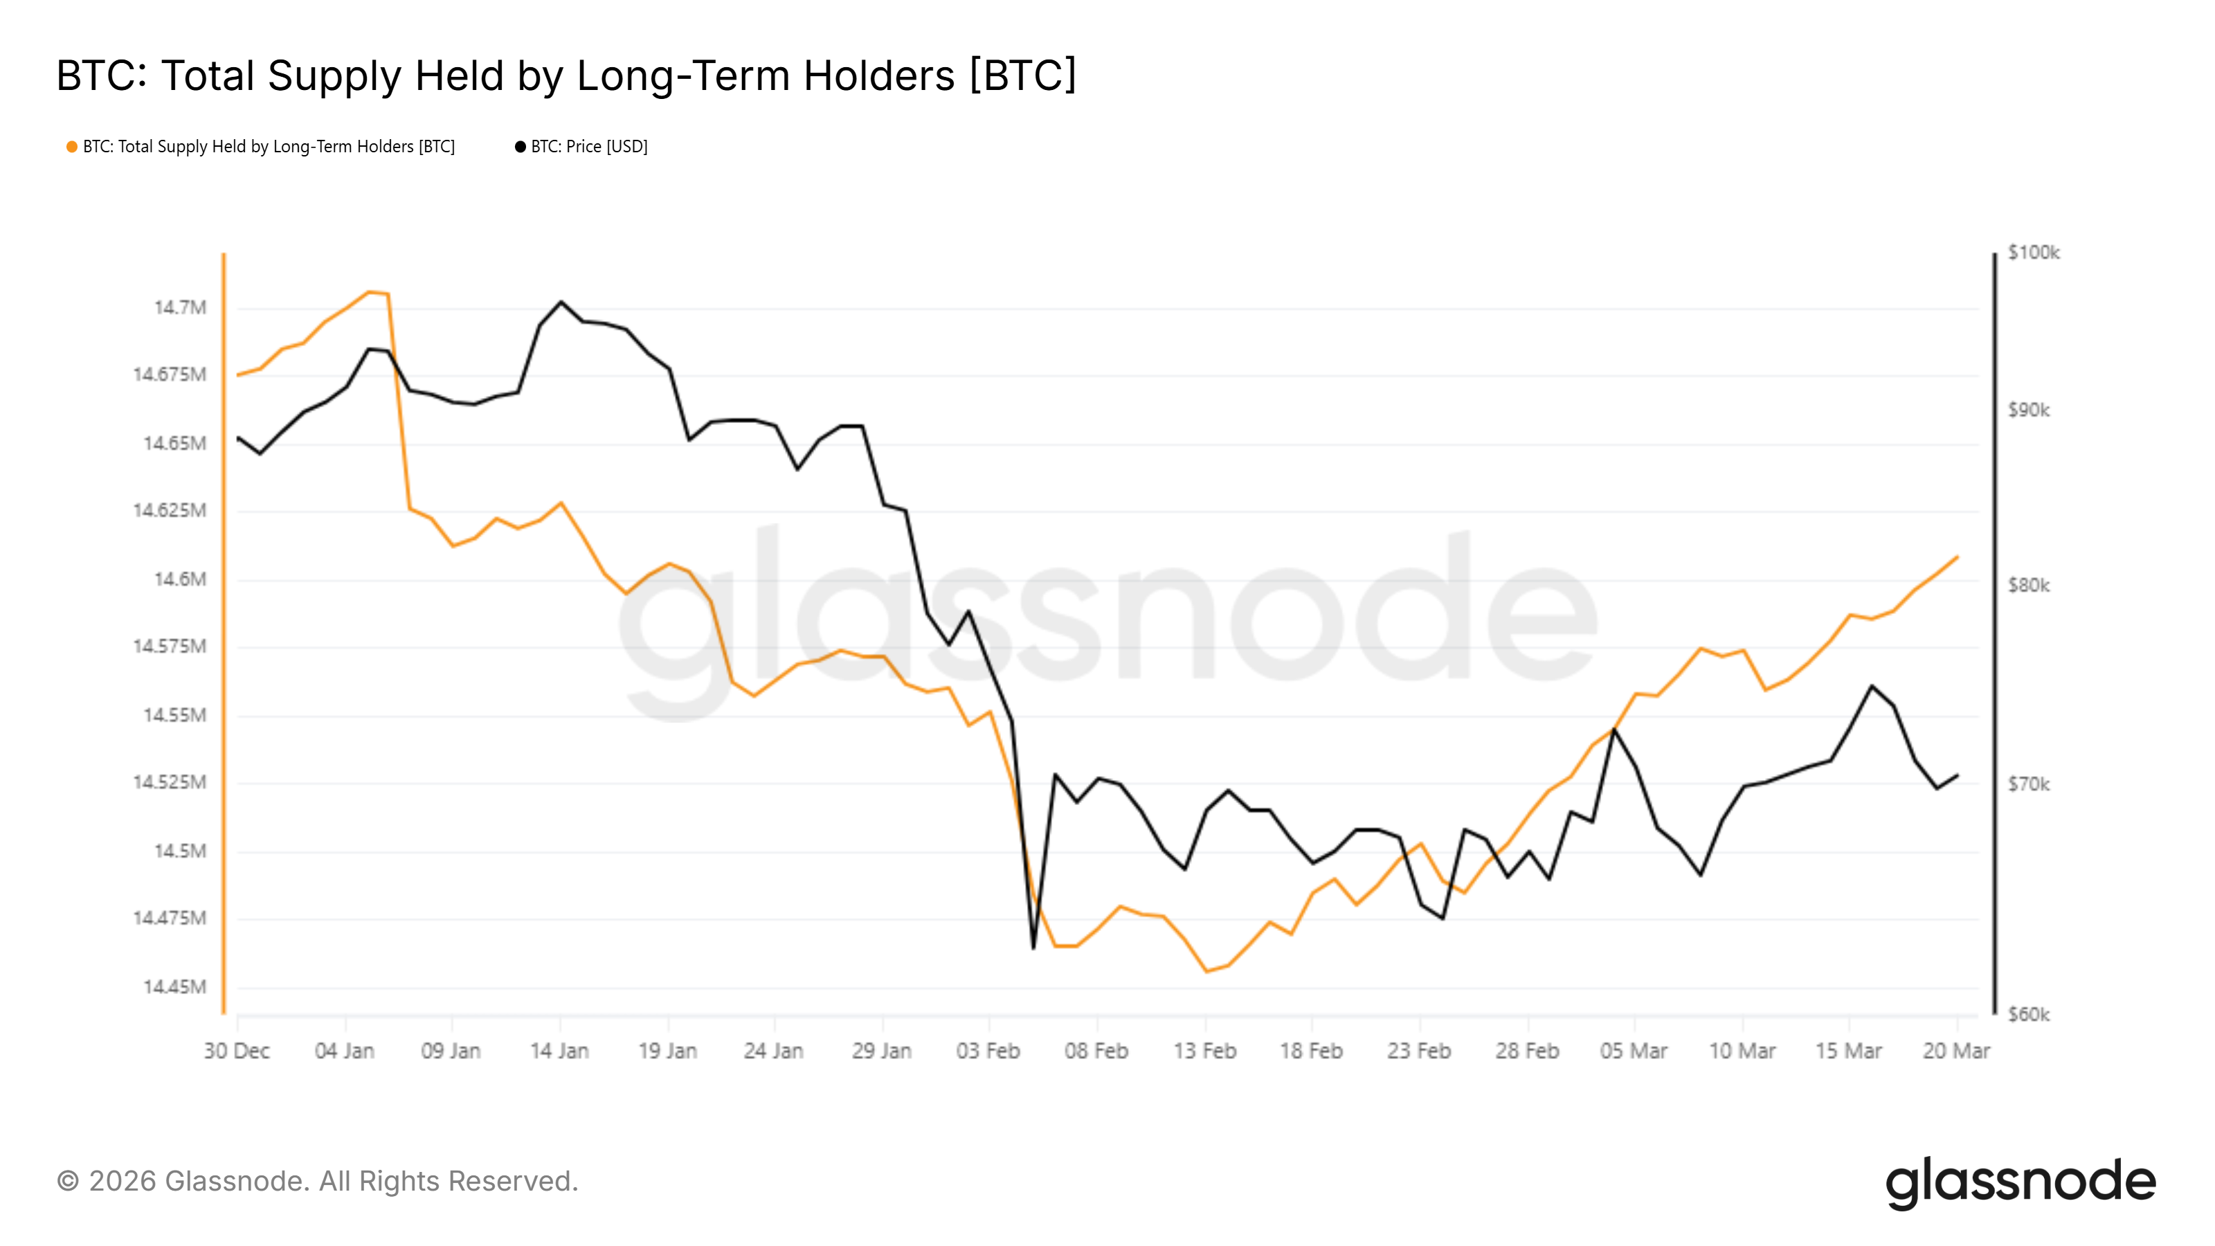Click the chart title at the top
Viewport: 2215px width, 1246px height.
(x=566, y=75)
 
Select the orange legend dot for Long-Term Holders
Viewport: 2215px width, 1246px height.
(x=72, y=147)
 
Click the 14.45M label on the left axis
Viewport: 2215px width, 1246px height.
(x=174, y=986)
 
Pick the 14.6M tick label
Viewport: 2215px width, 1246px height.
(x=181, y=579)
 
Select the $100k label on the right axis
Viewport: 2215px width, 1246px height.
(x=2034, y=252)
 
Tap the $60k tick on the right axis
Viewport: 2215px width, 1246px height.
(x=2028, y=1015)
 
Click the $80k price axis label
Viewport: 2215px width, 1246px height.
(x=2028, y=586)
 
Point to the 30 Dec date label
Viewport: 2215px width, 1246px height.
(x=237, y=1051)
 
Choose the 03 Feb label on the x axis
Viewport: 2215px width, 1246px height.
(x=988, y=1051)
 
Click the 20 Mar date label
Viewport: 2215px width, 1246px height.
(x=1956, y=1051)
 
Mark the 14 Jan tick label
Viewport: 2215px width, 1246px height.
(x=559, y=1051)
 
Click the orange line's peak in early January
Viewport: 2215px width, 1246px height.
(x=370, y=291)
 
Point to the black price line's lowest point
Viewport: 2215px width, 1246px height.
(x=1033, y=948)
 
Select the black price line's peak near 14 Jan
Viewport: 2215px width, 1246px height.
(x=561, y=302)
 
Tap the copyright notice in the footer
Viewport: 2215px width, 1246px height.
(x=317, y=1182)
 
